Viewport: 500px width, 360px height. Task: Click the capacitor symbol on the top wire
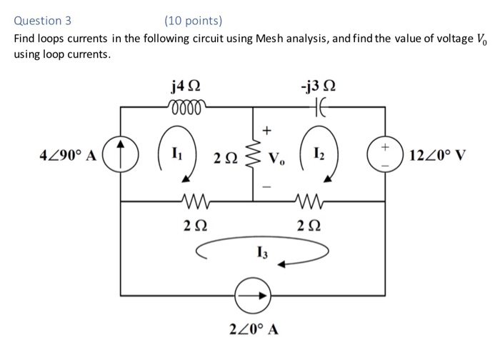[318, 106]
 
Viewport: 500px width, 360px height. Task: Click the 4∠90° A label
[69, 155]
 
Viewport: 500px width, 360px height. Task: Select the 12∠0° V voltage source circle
[385, 154]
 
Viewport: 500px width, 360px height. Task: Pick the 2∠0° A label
[254, 329]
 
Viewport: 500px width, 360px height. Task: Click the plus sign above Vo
[268, 131]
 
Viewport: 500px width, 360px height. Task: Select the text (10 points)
[193, 20]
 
